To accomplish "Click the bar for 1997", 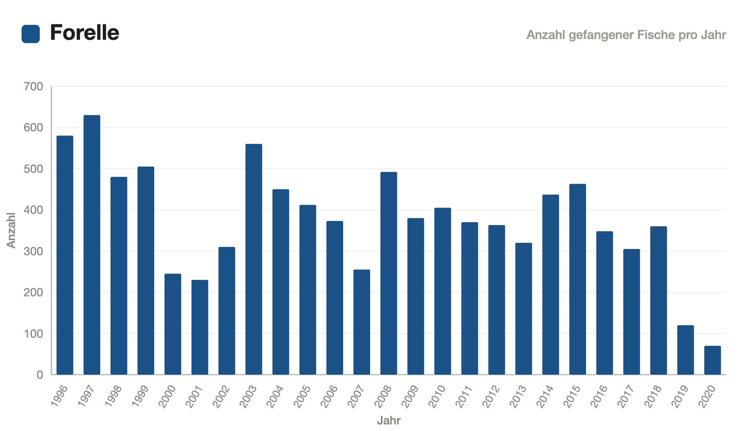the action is point(92,245).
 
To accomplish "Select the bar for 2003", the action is point(254,259).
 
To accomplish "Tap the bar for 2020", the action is point(712,360).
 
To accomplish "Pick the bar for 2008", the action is point(389,274).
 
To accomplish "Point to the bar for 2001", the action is point(200,327).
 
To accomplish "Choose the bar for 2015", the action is point(578,279).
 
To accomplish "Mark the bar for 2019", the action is point(685,350).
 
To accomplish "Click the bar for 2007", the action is point(362,322).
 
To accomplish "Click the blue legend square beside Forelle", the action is point(31,34).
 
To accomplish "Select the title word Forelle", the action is point(85,33).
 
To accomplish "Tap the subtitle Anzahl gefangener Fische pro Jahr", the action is point(626,35).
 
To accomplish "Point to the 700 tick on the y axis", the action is point(34,87).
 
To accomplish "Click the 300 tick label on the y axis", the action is point(34,252).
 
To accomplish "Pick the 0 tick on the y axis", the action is point(40,375).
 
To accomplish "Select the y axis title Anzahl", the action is point(11,230).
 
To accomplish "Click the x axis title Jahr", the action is point(389,421).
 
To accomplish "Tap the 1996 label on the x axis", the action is point(59,396).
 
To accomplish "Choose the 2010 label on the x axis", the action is point(437,396).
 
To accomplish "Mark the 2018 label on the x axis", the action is point(653,396).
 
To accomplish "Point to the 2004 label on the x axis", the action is point(275,396).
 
